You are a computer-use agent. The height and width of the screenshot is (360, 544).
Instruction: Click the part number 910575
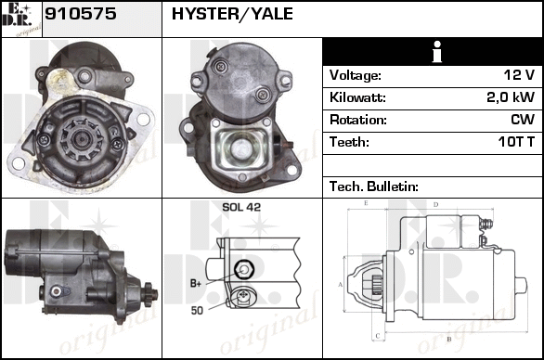pyautogui.click(x=81, y=14)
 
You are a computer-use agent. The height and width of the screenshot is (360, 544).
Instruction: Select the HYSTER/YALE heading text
pyautogui.click(x=232, y=14)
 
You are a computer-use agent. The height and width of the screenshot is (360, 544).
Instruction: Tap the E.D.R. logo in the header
pyautogui.click(x=21, y=19)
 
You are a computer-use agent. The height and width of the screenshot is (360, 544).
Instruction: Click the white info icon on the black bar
pyautogui.click(x=437, y=52)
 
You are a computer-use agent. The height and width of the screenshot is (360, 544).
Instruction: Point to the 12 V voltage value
pyautogui.click(x=519, y=75)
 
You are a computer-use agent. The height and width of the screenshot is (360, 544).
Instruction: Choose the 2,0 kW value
pyautogui.click(x=511, y=97)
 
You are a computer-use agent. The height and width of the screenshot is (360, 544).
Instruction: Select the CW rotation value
pyautogui.click(x=523, y=120)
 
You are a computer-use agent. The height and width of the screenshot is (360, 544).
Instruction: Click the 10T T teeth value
pyautogui.click(x=516, y=142)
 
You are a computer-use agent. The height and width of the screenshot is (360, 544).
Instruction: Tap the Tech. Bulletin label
pyautogui.click(x=374, y=186)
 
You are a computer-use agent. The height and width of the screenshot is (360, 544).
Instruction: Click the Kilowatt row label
pyautogui.click(x=357, y=97)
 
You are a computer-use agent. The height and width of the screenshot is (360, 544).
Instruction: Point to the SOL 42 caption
pyautogui.click(x=241, y=207)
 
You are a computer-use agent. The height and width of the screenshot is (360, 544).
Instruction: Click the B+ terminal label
pyautogui.click(x=196, y=284)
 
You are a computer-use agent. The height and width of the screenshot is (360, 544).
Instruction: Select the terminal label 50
pyautogui.click(x=197, y=311)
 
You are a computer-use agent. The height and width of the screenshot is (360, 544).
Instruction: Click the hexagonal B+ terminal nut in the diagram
pyautogui.click(x=244, y=269)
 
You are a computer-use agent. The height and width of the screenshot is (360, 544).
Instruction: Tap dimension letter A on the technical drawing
pyautogui.click(x=341, y=285)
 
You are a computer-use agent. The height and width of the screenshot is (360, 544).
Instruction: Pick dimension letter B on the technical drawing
pyautogui.click(x=449, y=339)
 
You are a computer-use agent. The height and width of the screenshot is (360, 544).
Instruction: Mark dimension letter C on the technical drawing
pyautogui.click(x=378, y=336)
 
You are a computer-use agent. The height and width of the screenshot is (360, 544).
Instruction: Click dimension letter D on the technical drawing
pyautogui.click(x=436, y=205)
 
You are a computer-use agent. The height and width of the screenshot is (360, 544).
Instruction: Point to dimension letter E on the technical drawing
pyautogui.click(x=366, y=203)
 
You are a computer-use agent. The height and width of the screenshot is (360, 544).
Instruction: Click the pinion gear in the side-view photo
pyautogui.click(x=149, y=294)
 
